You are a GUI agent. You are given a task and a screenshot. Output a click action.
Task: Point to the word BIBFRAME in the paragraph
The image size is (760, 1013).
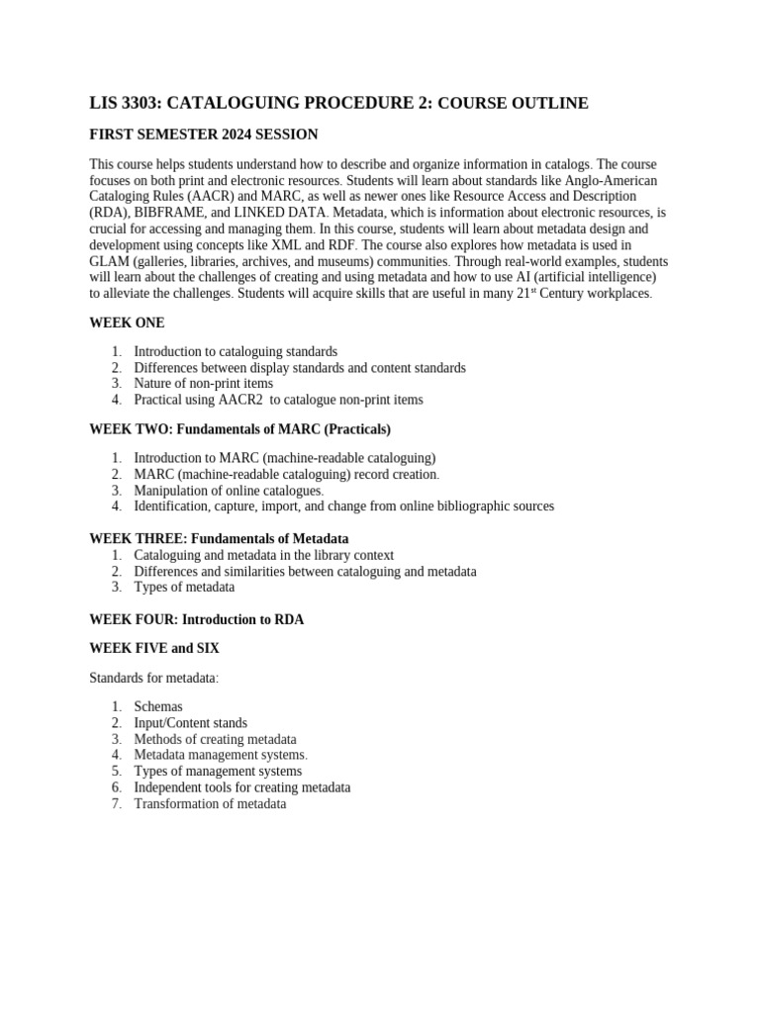(158, 213)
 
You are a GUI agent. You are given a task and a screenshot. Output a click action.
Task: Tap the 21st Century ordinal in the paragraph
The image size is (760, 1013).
(531, 294)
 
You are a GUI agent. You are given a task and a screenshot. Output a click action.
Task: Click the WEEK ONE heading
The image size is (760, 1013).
(127, 322)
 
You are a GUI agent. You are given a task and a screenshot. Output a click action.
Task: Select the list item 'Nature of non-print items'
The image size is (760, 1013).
(203, 384)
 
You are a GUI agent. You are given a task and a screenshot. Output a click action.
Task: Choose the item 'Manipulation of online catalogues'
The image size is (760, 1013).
(229, 491)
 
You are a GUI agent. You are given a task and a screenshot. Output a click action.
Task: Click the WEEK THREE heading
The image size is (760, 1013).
(218, 538)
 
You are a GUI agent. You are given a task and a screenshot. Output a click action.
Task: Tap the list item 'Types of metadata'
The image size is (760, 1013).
(184, 587)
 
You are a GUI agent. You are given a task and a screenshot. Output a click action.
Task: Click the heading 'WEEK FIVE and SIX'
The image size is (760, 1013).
(154, 648)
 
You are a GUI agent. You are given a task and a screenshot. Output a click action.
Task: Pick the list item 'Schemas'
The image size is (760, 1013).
(158, 707)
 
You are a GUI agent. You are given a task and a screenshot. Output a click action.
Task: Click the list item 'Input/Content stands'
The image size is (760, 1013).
(191, 723)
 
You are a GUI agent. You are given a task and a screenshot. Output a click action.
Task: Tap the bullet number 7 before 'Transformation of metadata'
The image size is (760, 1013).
(116, 804)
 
